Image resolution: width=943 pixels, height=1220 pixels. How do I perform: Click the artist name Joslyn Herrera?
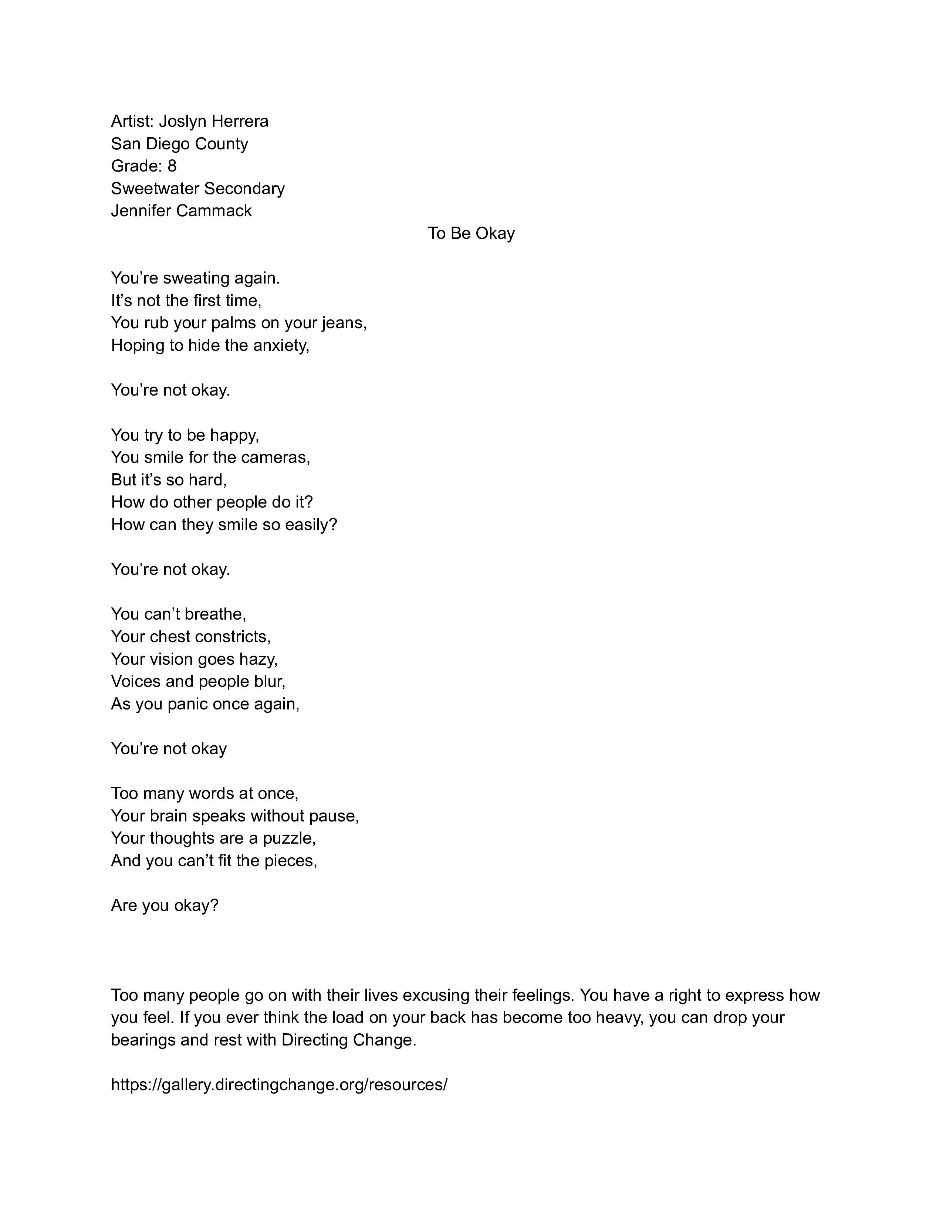tap(213, 121)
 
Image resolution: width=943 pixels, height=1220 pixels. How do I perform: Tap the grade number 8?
tap(172, 166)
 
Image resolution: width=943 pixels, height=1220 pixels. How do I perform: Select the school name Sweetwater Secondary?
tap(198, 188)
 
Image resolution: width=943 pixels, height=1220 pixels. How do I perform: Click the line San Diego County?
tap(179, 143)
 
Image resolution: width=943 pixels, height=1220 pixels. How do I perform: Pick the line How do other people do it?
tap(212, 502)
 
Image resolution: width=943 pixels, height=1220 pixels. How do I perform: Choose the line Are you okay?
tap(164, 905)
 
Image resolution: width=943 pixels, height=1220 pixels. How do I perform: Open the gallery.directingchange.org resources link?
tap(279, 1085)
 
